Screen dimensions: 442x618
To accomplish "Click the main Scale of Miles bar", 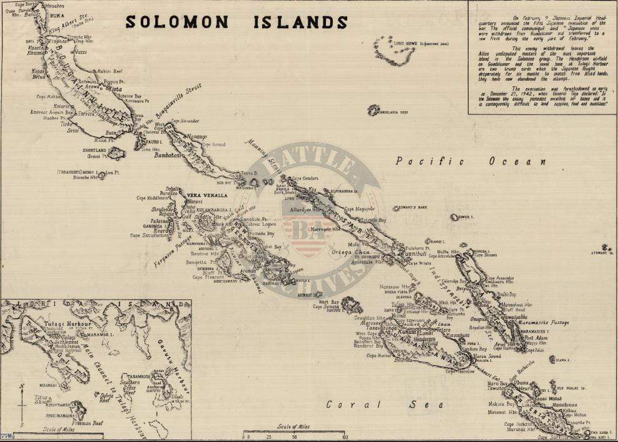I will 295,431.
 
